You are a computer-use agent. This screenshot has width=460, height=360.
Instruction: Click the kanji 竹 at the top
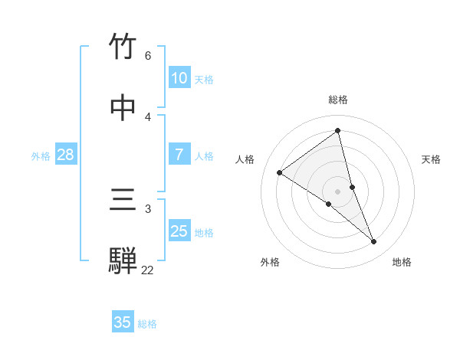(x=124, y=47)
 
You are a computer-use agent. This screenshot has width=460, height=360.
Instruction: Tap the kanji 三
(x=124, y=201)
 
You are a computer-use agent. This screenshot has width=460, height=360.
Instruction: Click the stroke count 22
(x=147, y=270)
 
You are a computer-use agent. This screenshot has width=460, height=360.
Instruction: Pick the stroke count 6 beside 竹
(x=148, y=56)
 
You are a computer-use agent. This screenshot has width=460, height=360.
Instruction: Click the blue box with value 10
(x=179, y=78)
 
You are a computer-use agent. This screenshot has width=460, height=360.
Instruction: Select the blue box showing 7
(x=179, y=155)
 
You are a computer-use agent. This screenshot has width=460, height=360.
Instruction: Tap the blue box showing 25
(x=179, y=231)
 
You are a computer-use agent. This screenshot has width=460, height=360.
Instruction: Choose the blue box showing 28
(x=66, y=155)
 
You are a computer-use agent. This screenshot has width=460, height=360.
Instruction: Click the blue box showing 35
(x=123, y=322)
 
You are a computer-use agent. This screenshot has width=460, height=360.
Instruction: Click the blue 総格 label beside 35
(x=147, y=324)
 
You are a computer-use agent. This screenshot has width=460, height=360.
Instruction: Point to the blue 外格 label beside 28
(x=41, y=156)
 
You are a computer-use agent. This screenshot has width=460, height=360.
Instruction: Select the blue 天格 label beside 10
(x=204, y=80)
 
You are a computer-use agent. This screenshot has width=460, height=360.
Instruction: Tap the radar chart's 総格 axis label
(x=338, y=100)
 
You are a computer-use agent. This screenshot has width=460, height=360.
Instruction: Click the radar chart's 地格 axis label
(x=402, y=262)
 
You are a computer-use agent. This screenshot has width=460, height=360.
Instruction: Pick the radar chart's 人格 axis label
(x=245, y=159)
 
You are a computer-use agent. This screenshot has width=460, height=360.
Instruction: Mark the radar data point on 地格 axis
(x=374, y=242)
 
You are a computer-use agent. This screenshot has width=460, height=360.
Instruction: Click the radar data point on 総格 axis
(x=338, y=131)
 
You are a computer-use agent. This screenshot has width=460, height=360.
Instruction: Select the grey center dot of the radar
(x=338, y=191)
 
